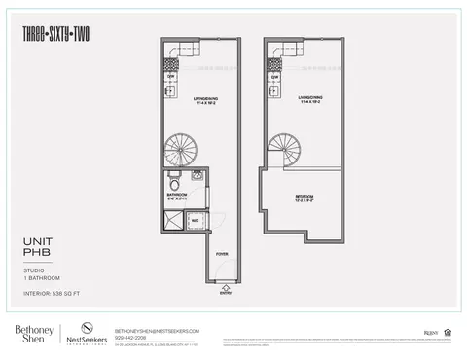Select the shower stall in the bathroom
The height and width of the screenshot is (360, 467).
[x=173, y=221]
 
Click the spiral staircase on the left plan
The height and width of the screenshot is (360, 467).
[x=180, y=151]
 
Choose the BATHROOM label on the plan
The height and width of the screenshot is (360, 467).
[x=177, y=197]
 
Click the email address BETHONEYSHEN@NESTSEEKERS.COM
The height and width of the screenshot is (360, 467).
[x=157, y=329]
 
